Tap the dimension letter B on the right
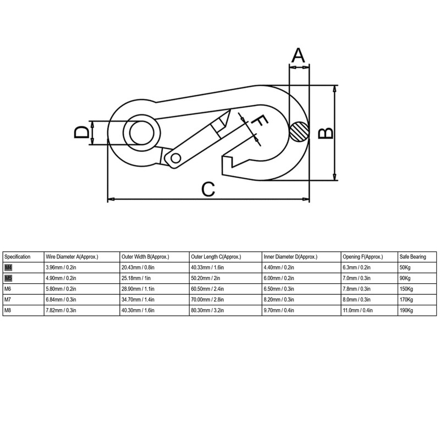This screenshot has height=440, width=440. coord(326,133)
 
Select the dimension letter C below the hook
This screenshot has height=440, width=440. coord(208,189)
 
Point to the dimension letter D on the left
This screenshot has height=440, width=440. coord(81,133)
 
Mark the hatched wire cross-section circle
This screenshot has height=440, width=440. coord(299,131)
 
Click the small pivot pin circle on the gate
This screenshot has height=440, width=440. coord(175,158)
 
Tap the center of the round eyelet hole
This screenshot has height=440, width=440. coord(141,133)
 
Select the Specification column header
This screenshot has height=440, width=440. coord(18,257)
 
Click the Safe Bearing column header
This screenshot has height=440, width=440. coord(413,257)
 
